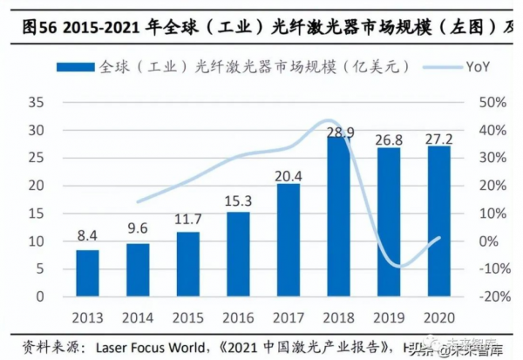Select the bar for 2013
[87, 273]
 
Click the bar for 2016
[238, 254]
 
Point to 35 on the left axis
[37, 103]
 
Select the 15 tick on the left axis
[37, 214]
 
